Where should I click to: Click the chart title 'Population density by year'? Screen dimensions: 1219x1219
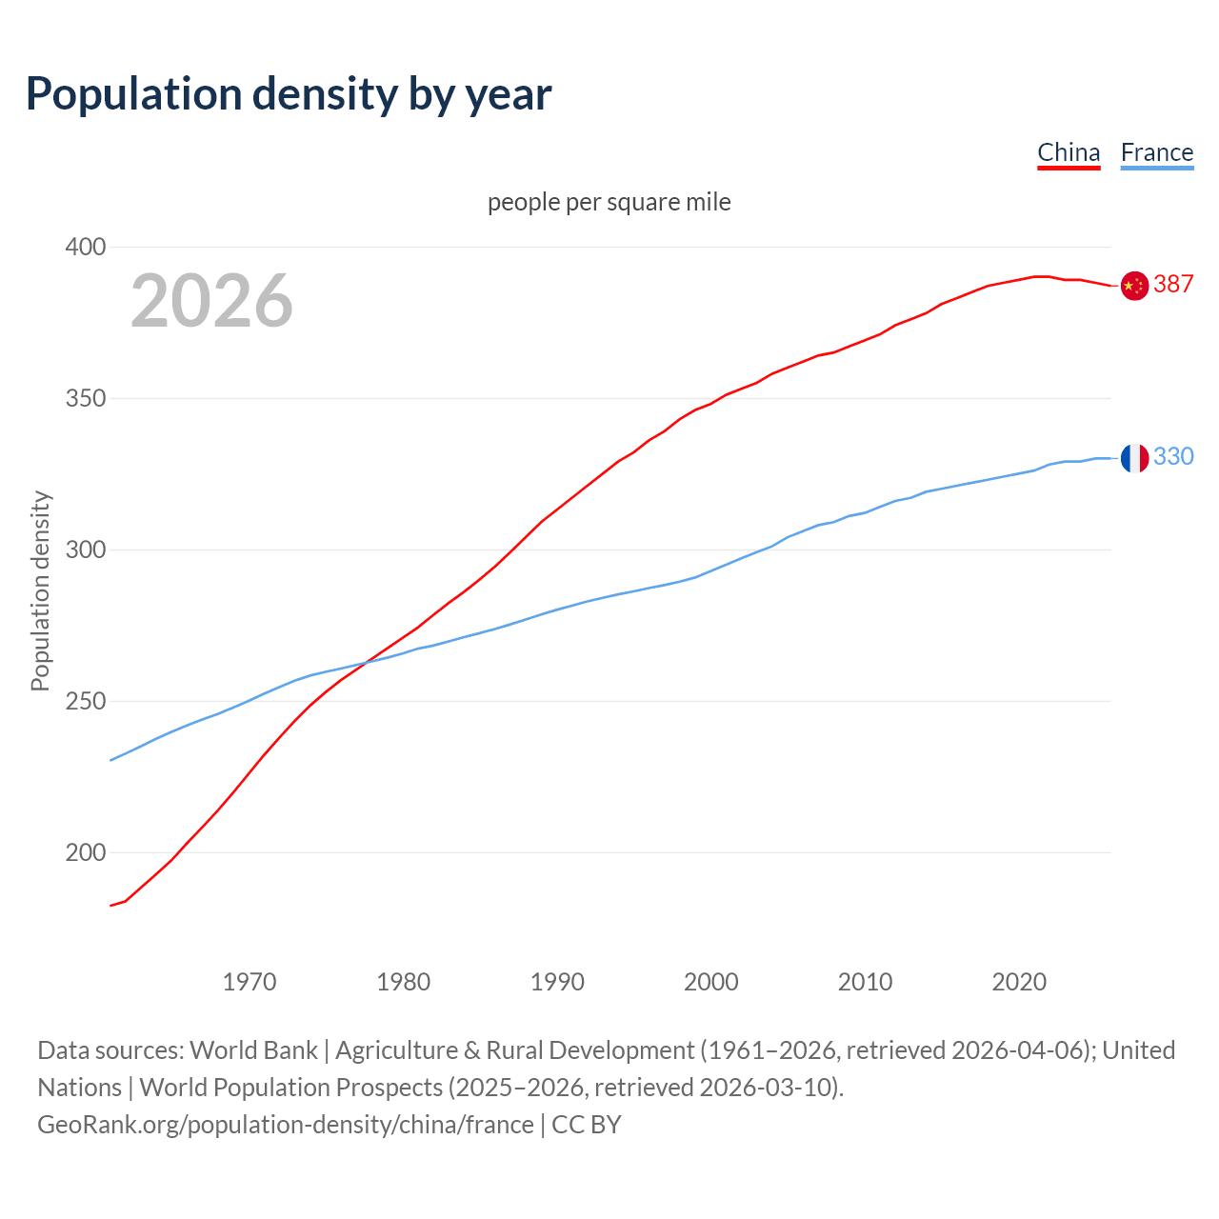click(289, 93)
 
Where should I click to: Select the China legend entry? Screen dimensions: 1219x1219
click(1069, 152)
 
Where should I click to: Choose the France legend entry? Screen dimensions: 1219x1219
click(1156, 152)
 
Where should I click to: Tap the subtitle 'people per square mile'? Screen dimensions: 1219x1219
click(609, 202)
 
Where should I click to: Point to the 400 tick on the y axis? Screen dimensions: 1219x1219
click(86, 247)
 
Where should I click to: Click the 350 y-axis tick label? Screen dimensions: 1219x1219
click(86, 398)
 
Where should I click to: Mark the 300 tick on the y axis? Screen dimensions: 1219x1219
click(86, 550)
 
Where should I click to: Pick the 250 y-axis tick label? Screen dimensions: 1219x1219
click(86, 701)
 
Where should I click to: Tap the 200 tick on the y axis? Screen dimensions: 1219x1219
click(86, 852)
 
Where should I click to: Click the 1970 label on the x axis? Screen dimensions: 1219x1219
click(250, 982)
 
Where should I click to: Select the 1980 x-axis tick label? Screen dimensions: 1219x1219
click(404, 982)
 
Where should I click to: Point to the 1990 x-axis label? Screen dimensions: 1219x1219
click(557, 982)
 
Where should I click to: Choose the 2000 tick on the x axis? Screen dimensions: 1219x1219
click(711, 982)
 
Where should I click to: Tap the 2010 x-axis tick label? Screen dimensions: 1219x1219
click(865, 982)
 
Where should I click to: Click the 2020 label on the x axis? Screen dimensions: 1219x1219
click(1019, 982)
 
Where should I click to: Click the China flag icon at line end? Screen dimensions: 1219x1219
click(1134, 285)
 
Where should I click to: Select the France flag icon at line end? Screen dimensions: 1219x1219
click(1134, 458)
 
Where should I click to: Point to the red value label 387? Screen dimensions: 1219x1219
click(1173, 284)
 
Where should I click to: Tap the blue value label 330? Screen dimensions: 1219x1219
click(1173, 457)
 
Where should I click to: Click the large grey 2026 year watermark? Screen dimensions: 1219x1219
click(211, 301)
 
